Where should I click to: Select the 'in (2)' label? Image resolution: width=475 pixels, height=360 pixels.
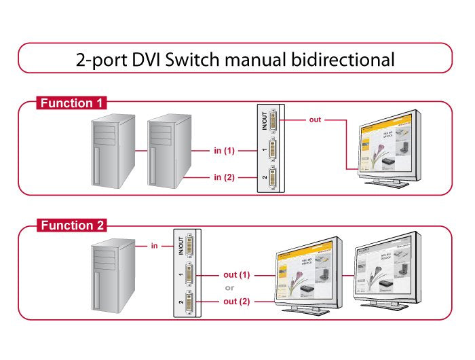[x=224, y=178]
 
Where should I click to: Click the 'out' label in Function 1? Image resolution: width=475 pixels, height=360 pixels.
[x=315, y=120]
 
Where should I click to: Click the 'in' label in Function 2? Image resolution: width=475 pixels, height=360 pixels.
[x=155, y=246]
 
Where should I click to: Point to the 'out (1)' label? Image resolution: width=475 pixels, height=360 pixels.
[x=237, y=275]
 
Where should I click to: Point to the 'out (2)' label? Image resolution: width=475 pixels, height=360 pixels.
[x=237, y=301]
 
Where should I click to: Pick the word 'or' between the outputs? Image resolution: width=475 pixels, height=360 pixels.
[x=229, y=288]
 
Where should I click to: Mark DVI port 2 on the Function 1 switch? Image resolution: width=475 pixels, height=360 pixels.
[x=273, y=179]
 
